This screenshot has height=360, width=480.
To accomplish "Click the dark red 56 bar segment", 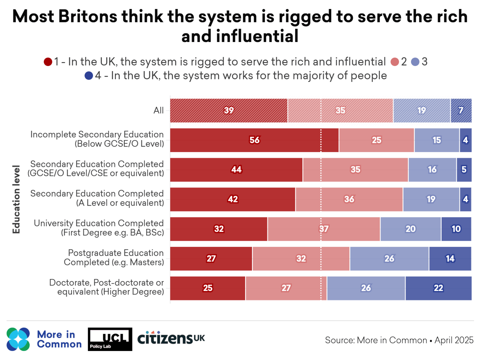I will point(254,140).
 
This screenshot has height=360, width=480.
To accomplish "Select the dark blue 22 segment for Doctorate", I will point(438,288).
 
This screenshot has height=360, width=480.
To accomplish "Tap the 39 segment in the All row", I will point(228,111).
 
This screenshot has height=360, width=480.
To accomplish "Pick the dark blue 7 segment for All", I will point(461,111).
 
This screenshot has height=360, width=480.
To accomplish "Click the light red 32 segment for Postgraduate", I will point(301,258).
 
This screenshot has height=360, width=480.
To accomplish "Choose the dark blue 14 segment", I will point(450,258).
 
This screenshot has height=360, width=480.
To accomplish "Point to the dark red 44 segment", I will point(236,170).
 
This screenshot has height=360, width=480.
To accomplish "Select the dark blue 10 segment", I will point(456,229).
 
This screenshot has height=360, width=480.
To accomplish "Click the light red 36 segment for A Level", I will point(349,199).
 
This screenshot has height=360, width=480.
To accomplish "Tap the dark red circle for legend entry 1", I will point(48,62).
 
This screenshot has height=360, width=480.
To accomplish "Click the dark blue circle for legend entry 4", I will point(89,76).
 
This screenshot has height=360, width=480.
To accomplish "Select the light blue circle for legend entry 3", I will point(415,62).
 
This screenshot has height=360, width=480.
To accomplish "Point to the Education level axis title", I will point(17,199).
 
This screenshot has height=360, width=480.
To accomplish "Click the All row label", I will point(159,111).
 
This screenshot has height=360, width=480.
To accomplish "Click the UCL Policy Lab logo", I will point(110,339).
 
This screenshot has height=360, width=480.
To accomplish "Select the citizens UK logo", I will point(171,338).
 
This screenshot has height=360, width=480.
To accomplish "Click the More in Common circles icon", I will point(18,339).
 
